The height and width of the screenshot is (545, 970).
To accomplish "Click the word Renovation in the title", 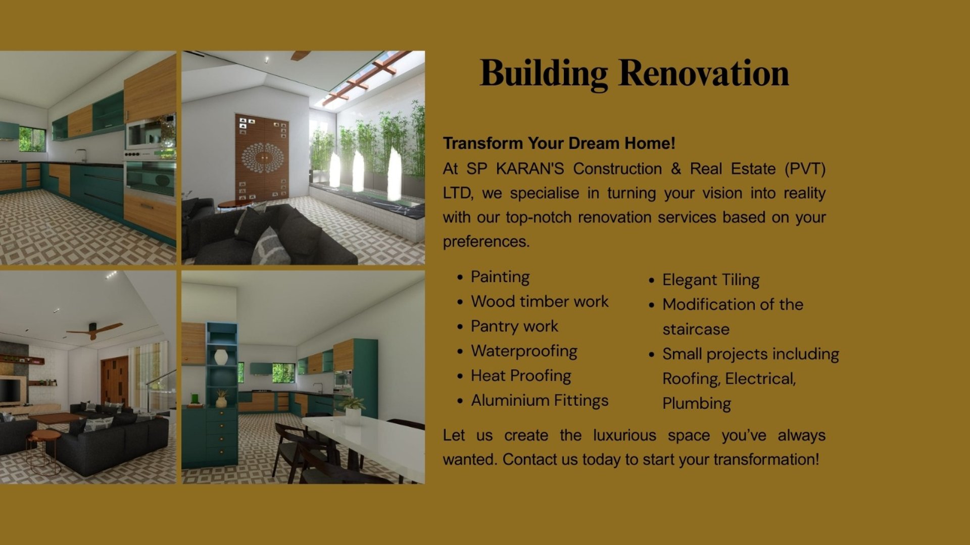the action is [x=704, y=73].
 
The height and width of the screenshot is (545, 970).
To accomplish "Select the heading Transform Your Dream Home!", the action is [x=559, y=143].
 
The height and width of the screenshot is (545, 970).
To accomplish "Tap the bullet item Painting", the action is [x=500, y=277].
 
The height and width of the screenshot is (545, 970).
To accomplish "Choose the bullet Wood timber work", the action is [x=540, y=301].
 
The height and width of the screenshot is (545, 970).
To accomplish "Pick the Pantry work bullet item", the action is [x=514, y=326].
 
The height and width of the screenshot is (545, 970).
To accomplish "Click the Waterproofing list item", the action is [x=524, y=351].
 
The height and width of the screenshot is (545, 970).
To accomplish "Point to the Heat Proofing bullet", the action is [x=521, y=376].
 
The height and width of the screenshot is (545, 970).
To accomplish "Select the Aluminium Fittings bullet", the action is [x=540, y=401].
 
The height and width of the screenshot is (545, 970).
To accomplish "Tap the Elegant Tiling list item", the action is [x=711, y=280].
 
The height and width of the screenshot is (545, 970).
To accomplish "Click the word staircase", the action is [x=696, y=330].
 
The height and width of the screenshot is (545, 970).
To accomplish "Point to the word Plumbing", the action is [x=697, y=404].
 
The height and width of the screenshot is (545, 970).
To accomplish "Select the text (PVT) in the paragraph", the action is [x=805, y=169].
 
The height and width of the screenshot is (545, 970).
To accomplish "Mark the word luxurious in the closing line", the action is [x=624, y=435].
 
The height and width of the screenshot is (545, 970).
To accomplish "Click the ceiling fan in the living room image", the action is [x=94, y=330].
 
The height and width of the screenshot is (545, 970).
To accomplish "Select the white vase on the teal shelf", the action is [x=221, y=357].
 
